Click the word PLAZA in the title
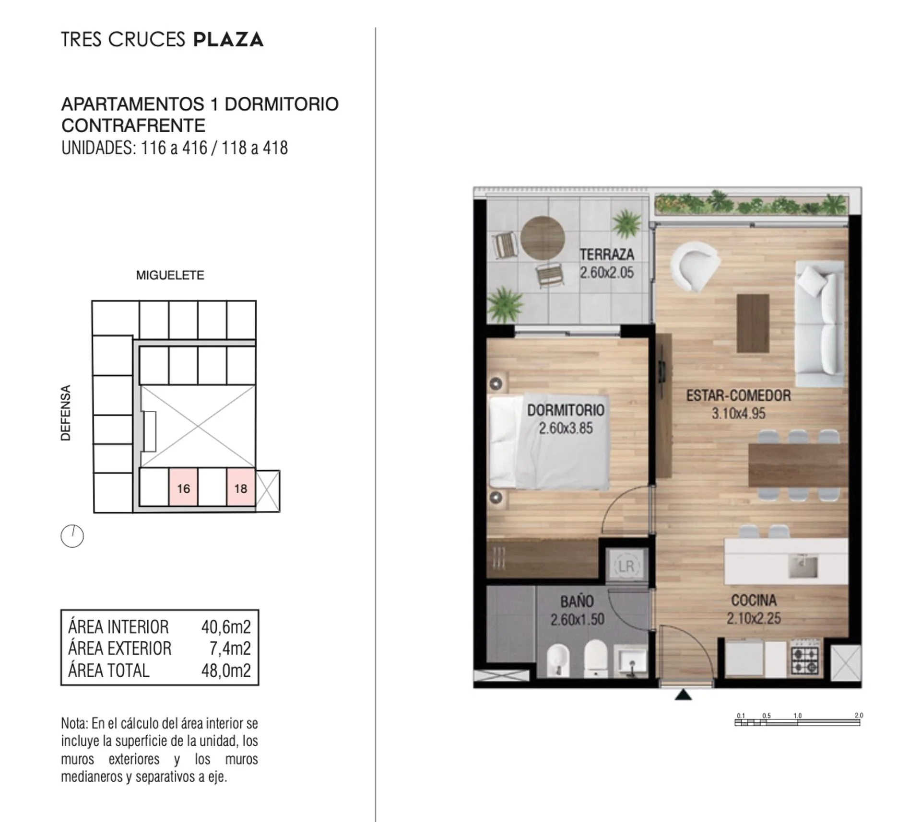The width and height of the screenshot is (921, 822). point(228,39)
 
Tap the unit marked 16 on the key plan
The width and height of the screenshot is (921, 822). point(183,487)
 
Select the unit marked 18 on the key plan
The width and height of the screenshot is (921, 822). point(241,487)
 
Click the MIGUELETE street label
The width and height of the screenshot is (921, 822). point(170,275)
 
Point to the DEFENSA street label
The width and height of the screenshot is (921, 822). point(66,413)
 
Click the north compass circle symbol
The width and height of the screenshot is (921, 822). point(72,536)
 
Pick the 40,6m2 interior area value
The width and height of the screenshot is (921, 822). point(226,627)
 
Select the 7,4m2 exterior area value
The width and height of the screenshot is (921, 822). point(230,648)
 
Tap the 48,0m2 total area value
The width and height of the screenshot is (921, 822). point(226,671)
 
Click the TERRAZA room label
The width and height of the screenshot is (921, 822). point(607,254)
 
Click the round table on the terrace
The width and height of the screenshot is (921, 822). point(543,238)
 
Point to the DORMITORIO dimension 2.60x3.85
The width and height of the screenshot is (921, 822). point(566,428)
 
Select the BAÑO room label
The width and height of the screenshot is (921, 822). point(577,602)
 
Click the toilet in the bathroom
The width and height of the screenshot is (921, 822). point(596,658)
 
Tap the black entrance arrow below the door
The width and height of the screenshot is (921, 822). point(683,695)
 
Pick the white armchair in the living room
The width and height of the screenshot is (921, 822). point(694,266)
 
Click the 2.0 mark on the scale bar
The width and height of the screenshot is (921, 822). point(859,716)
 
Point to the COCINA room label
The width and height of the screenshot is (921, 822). point(754,601)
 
